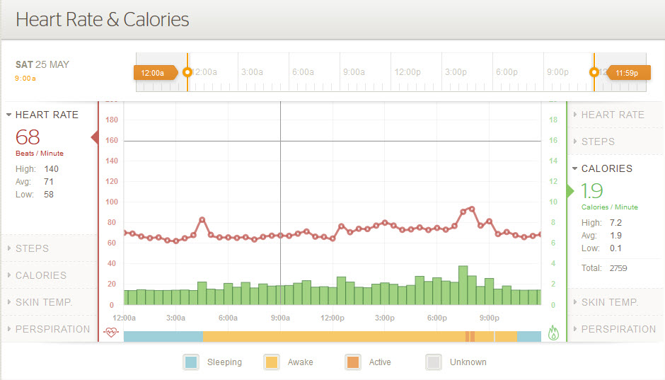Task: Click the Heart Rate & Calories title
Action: point(103,19)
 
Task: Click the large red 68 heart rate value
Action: point(28,137)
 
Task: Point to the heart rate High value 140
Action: point(51,169)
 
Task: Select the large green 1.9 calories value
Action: point(592,190)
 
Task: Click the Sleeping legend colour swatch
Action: point(191,362)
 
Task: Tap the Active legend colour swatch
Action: point(352,362)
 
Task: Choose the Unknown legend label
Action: point(468,362)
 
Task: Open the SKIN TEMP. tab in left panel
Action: point(44,302)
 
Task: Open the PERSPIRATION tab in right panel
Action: point(618,329)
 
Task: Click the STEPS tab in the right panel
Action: point(598,142)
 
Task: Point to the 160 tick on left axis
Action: point(111,140)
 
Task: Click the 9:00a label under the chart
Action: point(280,318)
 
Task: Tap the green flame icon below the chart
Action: point(554,333)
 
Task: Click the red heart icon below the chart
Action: point(111,333)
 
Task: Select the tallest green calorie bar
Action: point(463,285)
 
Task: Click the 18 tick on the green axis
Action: point(553,120)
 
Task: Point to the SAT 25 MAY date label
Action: point(42,64)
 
